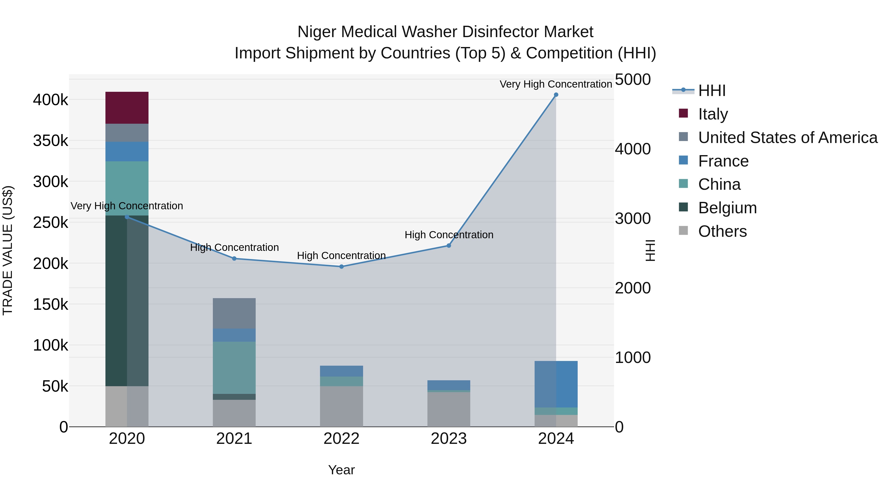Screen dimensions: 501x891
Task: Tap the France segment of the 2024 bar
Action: pos(556,384)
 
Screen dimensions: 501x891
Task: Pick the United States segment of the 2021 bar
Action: pos(234,313)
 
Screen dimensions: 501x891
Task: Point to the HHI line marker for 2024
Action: pos(556,95)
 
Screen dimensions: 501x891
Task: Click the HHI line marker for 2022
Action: pos(341,266)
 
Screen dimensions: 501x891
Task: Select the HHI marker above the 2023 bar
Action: pos(449,245)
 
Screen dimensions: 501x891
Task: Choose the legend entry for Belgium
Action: pos(727,208)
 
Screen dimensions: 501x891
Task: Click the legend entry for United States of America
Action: pos(787,138)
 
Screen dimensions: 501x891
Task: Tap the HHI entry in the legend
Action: pos(712,91)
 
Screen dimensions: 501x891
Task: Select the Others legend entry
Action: pos(722,231)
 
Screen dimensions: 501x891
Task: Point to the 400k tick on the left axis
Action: pos(50,100)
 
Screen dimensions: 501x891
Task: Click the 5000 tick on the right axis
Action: pos(633,79)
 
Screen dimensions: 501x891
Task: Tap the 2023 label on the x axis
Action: pos(449,439)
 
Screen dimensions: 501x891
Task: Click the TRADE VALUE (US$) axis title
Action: pos(8,250)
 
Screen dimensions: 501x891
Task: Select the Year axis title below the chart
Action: pos(341,470)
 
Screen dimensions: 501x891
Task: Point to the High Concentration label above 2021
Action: pos(234,248)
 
